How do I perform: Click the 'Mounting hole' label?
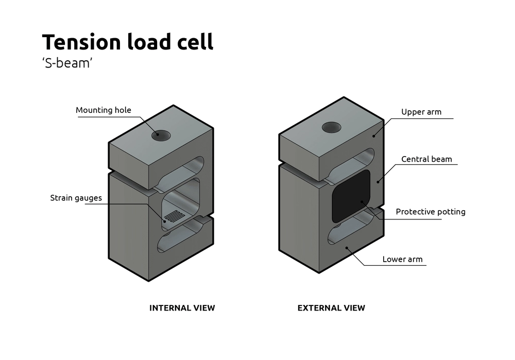pyautogui.click(x=104, y=110)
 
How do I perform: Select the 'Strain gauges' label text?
pyautogui.click(x=76, y=198)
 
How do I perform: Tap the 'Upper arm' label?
pyautogui.click(x=421, y=112)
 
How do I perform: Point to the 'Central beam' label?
pyautogui.click(x=426, y=159)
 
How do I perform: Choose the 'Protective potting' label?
pyautogui.click(x=430, y=212)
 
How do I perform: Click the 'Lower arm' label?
pyautogui.click(x=402, y=259)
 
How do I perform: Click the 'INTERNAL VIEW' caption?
pyautogui.click(x=182, y=308)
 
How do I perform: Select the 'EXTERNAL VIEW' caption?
pyautogui.click(x=331, y=308)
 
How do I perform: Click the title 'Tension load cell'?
pyautogui.click(x=127, y=42)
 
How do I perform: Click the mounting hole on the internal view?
pyautogui.click(x=161, y=135)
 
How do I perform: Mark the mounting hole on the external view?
pyautogui.click(x=332, y=127)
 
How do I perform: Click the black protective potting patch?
pyautogui.click(x=351, y=196)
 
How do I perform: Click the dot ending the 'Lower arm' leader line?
pyautogui.click(x=348, y=248)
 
